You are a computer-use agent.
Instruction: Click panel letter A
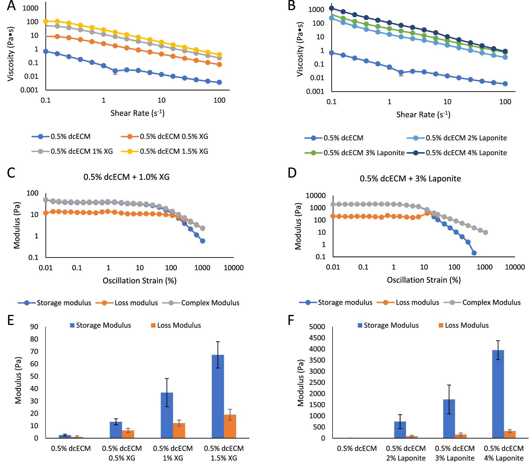pos(11,6)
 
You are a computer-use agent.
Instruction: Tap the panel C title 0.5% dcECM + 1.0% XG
pos(126,177)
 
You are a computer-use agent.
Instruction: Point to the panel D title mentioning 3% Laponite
pos(410,178)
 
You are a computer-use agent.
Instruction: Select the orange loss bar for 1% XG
pos(179,431)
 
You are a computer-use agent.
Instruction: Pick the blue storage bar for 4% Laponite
pos(498,394)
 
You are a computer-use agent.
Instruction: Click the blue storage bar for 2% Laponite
pos(400,430)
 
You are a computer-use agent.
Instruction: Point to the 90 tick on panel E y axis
pos(34,327)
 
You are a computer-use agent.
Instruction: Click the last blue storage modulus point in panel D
pos(474,253)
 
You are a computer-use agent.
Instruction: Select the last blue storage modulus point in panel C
pos(203,241)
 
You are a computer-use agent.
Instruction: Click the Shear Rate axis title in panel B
pos(423,115)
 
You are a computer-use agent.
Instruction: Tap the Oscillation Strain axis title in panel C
pos(140,281)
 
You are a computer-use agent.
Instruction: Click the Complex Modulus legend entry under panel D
pos(491,302)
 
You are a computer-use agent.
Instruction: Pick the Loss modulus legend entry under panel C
pos(136,303)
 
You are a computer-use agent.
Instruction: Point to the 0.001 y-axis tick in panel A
pos(29,90)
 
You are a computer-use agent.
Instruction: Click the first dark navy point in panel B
pos(332,8)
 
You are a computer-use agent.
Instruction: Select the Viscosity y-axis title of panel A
pos(11,54)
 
